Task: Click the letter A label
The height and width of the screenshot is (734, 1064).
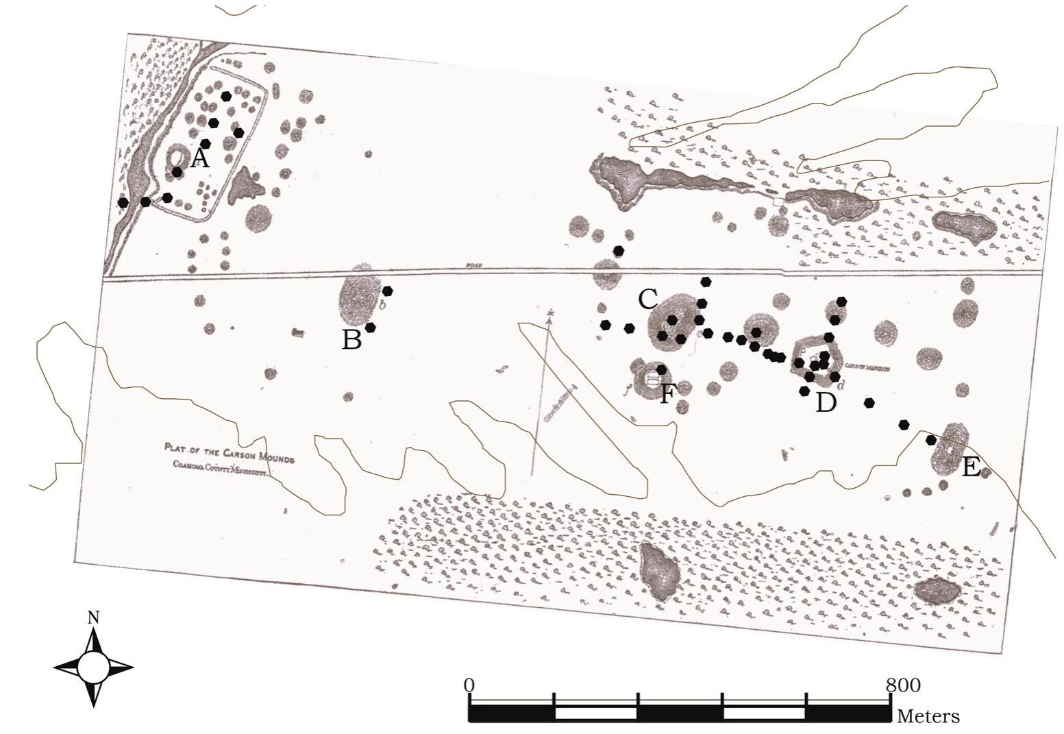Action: coord(199,159)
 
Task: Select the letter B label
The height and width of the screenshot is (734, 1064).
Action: coord(351,339)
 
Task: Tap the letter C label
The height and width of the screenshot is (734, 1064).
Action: coord(647,299)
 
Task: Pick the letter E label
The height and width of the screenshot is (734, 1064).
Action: coord(971,467)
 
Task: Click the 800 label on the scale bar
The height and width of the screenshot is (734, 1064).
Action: coord(903,685)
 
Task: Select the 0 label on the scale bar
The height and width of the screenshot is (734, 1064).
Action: coord(469,685)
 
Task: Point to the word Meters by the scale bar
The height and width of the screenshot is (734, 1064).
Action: coord(928,717)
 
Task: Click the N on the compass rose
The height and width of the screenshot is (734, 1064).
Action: coord(94,617)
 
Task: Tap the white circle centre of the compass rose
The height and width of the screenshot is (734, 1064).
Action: coord(93,666)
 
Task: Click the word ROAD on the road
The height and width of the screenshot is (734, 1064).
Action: coord(474,265)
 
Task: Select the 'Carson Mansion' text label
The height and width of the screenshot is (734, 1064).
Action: coord(867,367)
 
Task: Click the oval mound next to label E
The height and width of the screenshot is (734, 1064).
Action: coord(949,449)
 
